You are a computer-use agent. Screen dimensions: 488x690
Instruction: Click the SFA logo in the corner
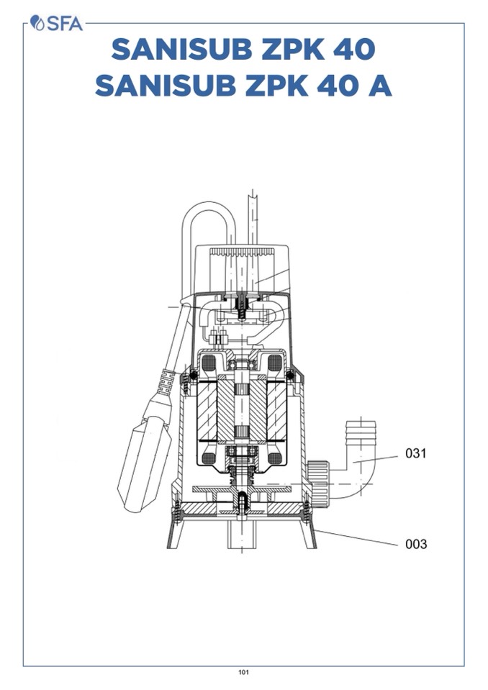[56, 23]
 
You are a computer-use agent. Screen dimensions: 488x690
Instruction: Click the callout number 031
[416, 453]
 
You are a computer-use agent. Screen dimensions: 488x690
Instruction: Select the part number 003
[416, 544]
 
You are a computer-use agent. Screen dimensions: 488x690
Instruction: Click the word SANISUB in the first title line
[181, 49]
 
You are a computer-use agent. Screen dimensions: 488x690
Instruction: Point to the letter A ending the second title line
[379, 86]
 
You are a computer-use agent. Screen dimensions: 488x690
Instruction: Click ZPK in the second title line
[276, 86]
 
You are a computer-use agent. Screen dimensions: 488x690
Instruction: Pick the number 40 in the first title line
[354, 49]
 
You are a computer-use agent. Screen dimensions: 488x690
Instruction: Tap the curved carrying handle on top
[209, 206]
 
